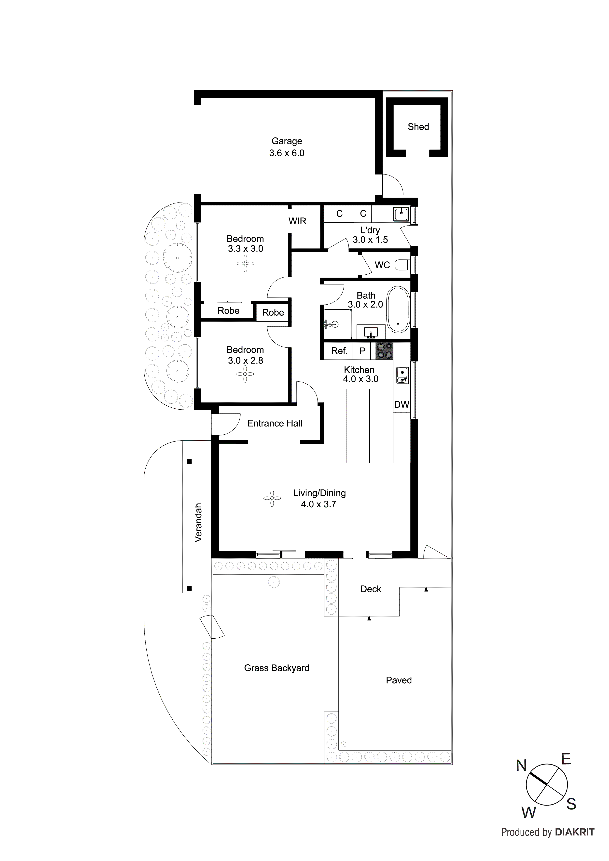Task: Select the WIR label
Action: pos(297,221)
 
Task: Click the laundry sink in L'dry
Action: pos(401,214)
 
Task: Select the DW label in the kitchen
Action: pos(401,405)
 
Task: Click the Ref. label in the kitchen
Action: pos(339,351)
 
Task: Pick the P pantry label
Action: pos(362,351)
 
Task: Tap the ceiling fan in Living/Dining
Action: pos(272,498)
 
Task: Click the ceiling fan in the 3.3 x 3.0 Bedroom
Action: pos(245,264)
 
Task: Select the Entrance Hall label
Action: pos(275,423)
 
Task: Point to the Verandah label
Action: pos(198,522)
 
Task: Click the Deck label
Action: pos(371,589)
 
